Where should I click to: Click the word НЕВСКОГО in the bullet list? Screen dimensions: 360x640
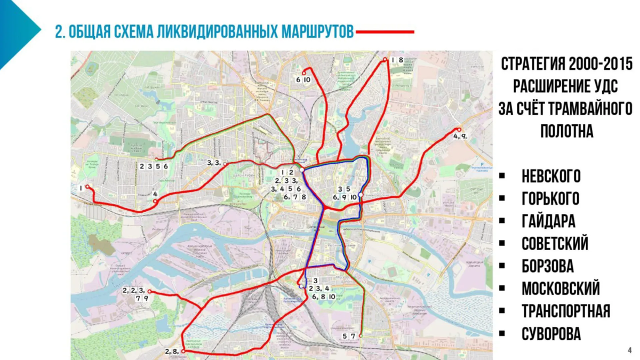pos(551,177)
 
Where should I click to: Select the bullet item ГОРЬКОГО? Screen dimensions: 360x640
pos(550,199)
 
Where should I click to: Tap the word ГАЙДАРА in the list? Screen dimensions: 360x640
pos(548,221)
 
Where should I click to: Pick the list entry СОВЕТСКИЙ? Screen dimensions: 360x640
pos(555,244)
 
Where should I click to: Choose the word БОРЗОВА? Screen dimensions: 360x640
pos(548,266)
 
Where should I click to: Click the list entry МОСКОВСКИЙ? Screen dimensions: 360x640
pos(561,289)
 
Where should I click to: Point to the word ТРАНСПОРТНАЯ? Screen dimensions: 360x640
pos(566,311)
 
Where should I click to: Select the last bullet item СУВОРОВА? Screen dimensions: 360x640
pos(551,334)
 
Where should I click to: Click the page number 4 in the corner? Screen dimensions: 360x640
pos(629,350)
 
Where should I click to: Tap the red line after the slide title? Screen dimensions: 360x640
pos(385,32)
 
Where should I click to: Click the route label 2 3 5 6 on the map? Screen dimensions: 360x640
pos(154,166)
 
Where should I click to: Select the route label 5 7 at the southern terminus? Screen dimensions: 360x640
pos(349,336)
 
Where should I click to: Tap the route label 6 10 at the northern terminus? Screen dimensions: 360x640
pos(303,80)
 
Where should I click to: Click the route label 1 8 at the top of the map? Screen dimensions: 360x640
pos(397,60)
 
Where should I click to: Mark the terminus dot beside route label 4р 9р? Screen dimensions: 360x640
pos(458,130)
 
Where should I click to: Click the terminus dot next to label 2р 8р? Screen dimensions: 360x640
pos(183,351)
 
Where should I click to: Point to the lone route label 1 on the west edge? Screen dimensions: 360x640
pos(81,188)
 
